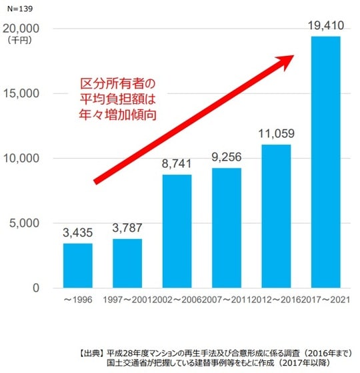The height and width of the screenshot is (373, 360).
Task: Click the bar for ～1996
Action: (78, 265)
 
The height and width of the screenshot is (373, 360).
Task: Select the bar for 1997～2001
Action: (127, 263)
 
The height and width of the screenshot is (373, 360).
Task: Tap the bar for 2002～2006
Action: (177, 231)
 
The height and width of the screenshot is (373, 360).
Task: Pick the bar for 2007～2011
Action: (226, 228)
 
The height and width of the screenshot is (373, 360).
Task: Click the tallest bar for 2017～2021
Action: (325, 162)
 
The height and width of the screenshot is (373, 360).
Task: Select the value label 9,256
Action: (226, 159)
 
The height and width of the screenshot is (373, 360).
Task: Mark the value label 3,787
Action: (127, 229)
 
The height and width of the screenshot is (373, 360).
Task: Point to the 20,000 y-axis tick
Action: (21, 29)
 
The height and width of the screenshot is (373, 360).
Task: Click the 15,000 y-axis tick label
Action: (21, 94)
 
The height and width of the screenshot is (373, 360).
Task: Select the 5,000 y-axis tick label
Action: (25, 223)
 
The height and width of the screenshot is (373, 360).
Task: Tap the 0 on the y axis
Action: (37, 288)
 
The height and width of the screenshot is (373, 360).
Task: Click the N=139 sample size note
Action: (17, 9)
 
